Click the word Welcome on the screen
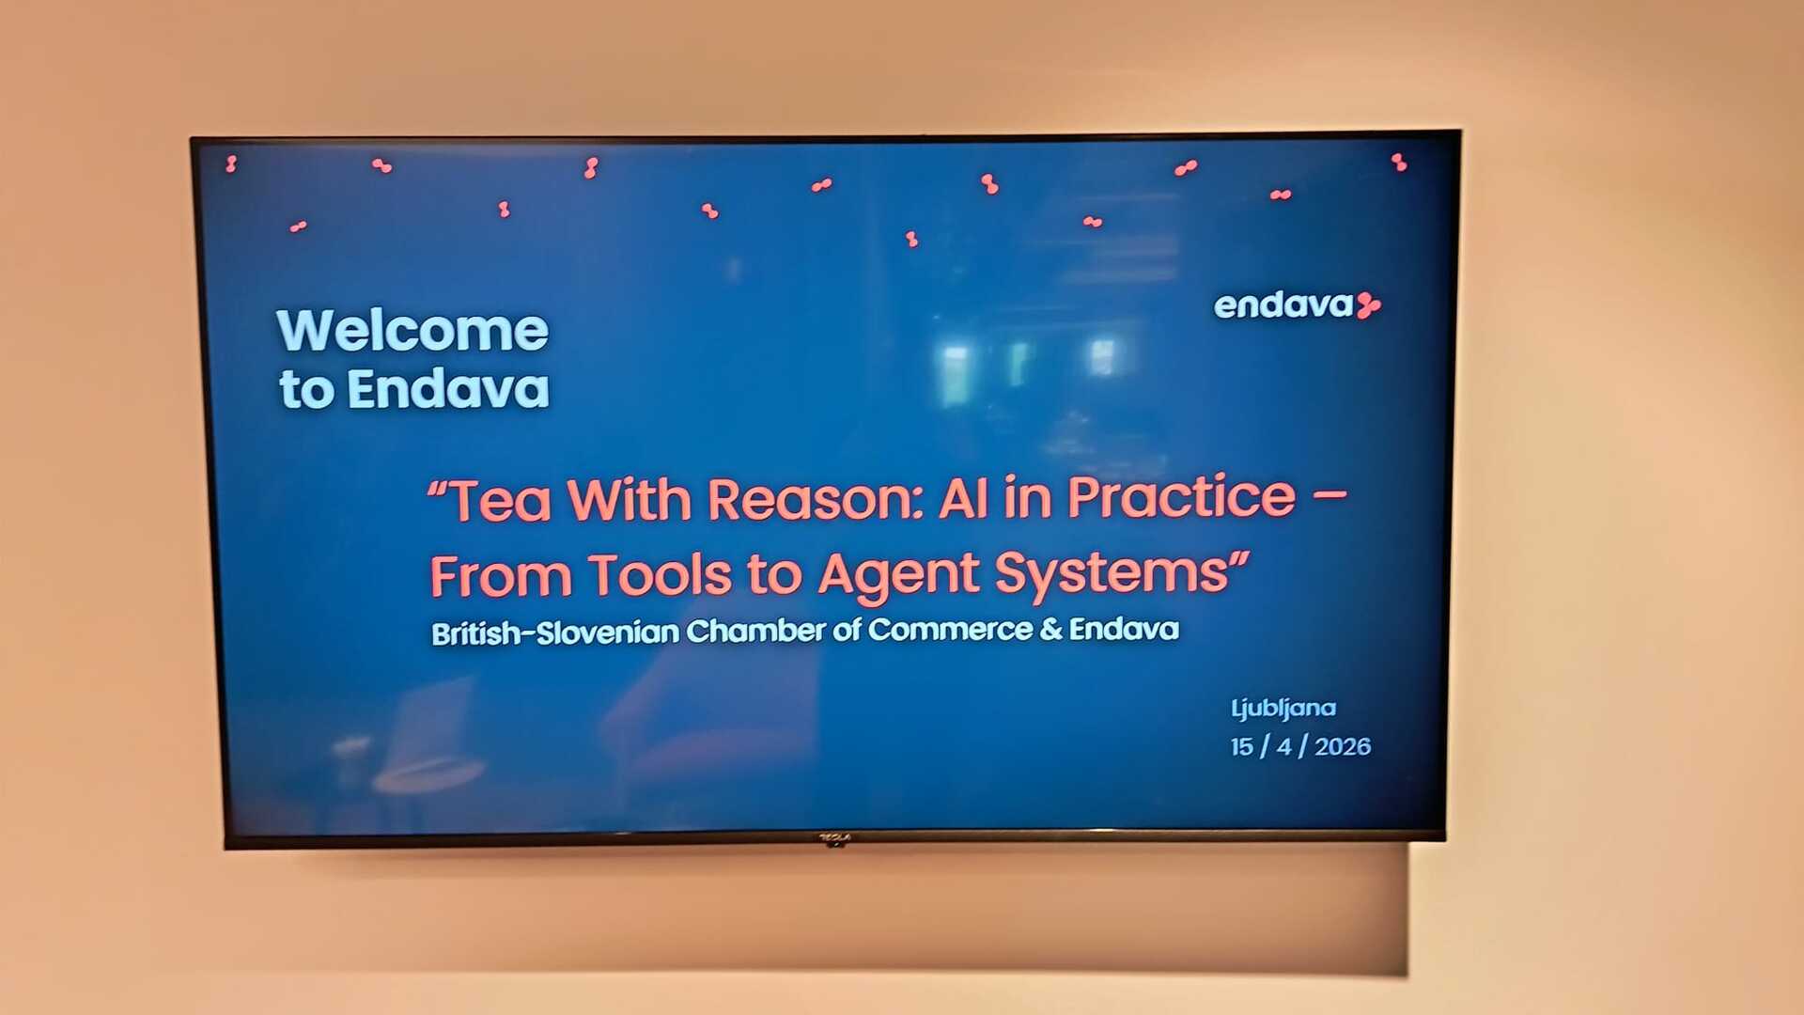(412, 331)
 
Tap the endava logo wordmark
(1283, 305)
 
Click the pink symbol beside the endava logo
(1369, 305)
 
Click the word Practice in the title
(1182, 496)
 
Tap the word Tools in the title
(660, 575)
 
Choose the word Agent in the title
(899, 575)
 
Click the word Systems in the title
(1112, 573)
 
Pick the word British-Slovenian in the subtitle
(555, 632)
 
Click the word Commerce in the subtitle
(950, 629)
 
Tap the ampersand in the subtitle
(1051, 629)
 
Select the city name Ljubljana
(1283, 709)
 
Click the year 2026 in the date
(1343, 746)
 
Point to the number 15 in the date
(1242, 747)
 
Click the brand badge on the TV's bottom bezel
(834, 837)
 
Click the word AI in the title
(963, 498)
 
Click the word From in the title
(501, 576)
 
